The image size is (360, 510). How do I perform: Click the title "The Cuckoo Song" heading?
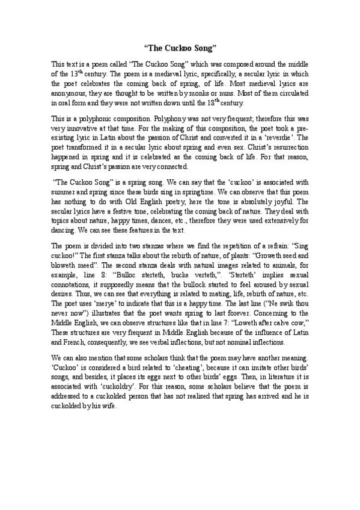[180, 46]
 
